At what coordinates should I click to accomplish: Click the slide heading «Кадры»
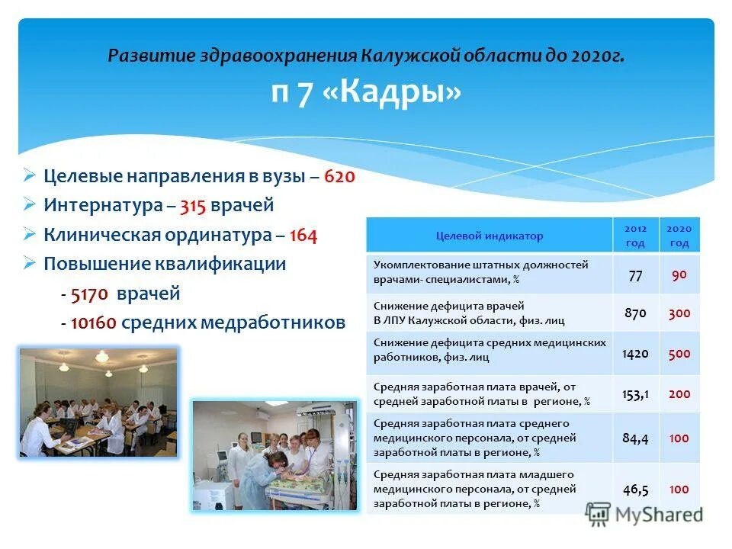click(366, 93)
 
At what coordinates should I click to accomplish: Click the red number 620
click(339, 176)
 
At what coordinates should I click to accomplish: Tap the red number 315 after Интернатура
click(194, 205)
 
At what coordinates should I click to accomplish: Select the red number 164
click(303, 235)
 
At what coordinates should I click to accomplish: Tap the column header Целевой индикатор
click(489, 236)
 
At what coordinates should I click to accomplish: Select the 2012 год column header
click(635, 236)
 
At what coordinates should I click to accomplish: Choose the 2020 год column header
click(679, 236)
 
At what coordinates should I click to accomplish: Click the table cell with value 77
click(635, 275)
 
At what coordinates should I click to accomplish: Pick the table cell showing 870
click(635, 313)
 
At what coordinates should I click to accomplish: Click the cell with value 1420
click(635, 353)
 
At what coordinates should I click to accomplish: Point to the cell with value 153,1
click(635, 394)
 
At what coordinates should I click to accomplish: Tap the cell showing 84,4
click(635, 438)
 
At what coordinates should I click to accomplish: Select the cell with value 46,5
click(635, 489)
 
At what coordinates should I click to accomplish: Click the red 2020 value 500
click(679, 353)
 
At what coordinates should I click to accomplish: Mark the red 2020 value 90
click(679, 275)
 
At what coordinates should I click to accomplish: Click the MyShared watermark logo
click(644, 514)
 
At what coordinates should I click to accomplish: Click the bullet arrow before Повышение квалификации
click(29, 264)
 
